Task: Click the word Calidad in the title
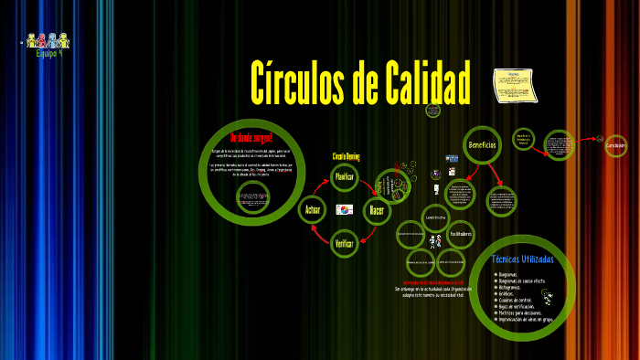click(421, 84)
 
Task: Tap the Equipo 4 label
click(48, 54)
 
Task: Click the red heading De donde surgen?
click(251, 138)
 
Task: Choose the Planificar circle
click(344, 176)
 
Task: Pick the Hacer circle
click(377, 210)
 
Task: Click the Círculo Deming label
click(346, 156)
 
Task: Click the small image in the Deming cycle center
click(344, 210)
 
